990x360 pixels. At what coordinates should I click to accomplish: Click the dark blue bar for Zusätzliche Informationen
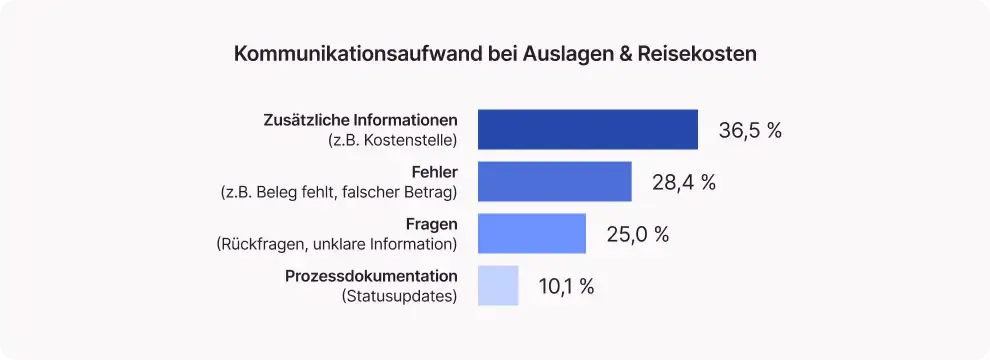click(587, 130)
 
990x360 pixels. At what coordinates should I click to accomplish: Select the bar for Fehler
click(554, 182)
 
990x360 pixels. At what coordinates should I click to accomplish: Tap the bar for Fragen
click(531, 234)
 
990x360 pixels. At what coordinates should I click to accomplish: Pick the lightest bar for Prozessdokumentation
click(498, 286)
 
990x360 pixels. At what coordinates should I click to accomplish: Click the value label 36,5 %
click(750, 131)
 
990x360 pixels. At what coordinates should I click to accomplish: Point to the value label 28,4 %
click(684, 183)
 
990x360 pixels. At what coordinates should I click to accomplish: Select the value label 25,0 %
click(638, 235)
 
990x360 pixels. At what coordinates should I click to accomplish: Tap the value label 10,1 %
click(566, 287)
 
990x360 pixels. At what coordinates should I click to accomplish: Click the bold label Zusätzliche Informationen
click(362, 120)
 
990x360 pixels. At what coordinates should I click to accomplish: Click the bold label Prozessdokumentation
click(371, 276)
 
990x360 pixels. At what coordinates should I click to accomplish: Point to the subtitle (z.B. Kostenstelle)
click(392, 140)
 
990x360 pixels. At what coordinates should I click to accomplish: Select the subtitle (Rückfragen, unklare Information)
click(336, 244)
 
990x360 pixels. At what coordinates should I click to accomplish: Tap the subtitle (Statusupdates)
click(399, 296)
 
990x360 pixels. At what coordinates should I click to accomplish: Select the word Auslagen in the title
click(563, 54)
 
